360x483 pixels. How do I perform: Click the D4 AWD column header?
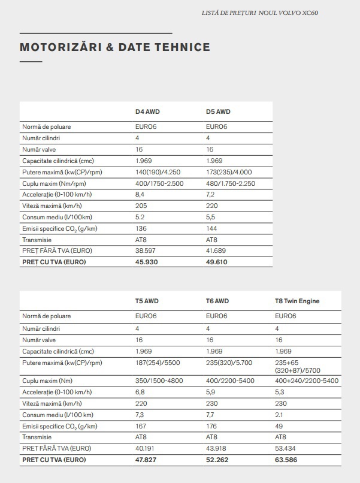[147, 111]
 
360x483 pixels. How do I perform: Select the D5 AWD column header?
[218, 111]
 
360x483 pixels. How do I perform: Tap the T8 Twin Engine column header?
[297, 301]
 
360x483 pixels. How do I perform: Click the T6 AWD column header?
[217, 301]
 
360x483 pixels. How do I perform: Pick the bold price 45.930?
[147, 262]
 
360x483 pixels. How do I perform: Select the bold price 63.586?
[287, 460]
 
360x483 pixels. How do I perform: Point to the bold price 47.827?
[147, 460]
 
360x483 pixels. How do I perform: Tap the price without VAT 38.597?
[146, 250]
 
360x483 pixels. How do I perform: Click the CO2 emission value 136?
[141, 228]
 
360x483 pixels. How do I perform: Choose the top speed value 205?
[141, 206]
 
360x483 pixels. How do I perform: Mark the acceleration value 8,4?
[141, 195]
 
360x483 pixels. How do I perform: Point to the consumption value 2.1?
[280, 415]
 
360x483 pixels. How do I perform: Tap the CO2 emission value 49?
[279, 426]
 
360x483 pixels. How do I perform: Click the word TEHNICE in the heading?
[179, 47]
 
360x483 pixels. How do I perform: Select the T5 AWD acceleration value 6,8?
[140, 392]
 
